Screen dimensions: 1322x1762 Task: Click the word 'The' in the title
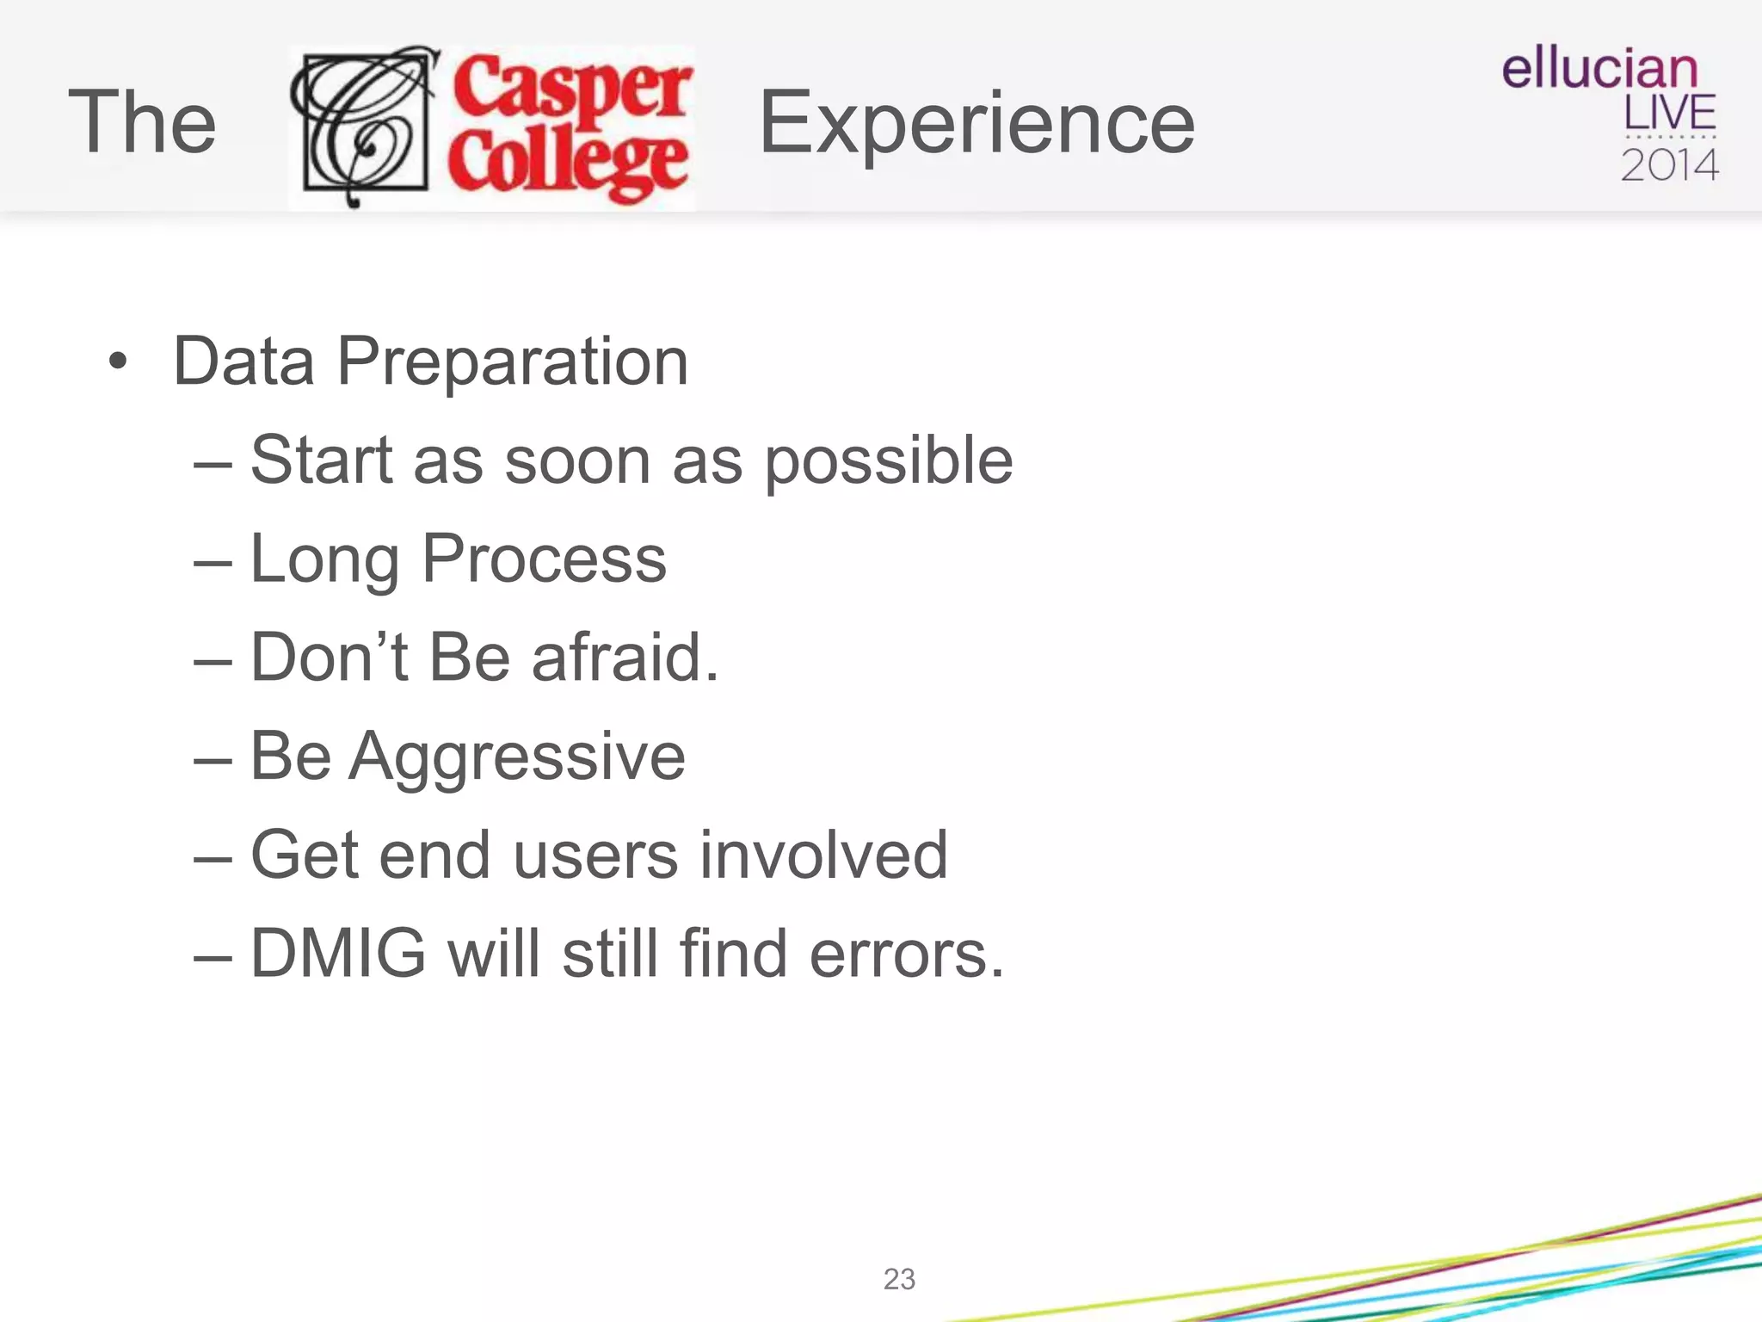click(x=142, y=122)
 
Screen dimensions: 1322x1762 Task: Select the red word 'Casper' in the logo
click(x=572, y=86)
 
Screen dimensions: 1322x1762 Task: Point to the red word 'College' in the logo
click(x=568, y=164)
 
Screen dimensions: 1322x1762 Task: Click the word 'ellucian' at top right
click(x=1599, y=69)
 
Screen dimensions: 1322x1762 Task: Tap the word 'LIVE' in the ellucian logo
click(x=1669, y=113)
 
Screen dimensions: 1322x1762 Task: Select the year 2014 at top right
click(x=1669, y=164)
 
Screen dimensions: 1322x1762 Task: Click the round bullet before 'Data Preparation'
click(x=118, y=361)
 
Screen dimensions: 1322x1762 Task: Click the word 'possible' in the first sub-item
click(x=889, y=462)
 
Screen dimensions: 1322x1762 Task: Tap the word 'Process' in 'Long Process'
click(x=544, y=559)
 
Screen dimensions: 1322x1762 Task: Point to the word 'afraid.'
click(x=625, y=658)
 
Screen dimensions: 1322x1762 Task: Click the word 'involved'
click(x=823, y=856)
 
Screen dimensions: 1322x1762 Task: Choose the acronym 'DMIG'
click(x=338, y=954)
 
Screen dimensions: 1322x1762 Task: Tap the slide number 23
click(x=899, y=1279)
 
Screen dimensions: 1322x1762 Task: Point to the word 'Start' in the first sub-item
click(x=321, y=460)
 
